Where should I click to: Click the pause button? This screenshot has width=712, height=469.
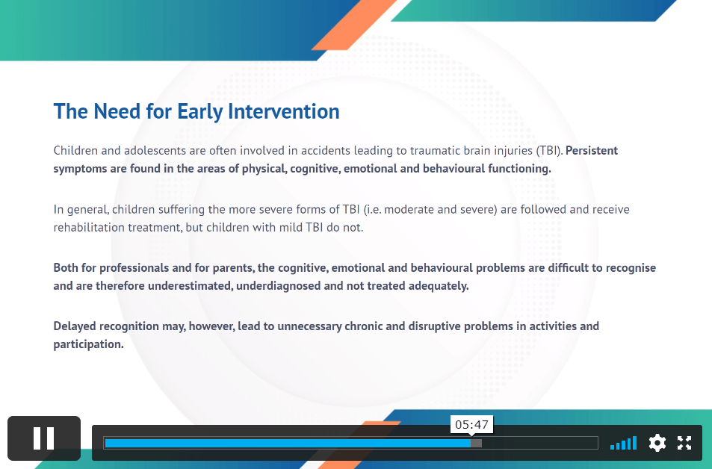tap(44, 438)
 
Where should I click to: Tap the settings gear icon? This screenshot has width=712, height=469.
tap(657, 443)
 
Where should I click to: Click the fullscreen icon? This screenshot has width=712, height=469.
tap(684, 443)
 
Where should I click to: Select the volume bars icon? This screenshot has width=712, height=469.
tap(623, 443)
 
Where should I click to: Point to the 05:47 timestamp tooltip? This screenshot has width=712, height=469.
tap(471, 424)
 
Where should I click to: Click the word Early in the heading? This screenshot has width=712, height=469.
tap(199, 112)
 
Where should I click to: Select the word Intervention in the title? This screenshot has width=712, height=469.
tap(284, 111)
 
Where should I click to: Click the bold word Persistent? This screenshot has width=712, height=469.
tap(592, 150)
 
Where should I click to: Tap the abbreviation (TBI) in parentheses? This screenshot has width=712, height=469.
tap(549, 151)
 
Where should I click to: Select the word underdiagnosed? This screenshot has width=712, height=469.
tap(279, 286)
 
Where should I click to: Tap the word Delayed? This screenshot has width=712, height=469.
tap(75, 326)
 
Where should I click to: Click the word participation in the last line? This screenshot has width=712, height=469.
tap(89, 344)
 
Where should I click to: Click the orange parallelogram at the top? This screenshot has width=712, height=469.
tap(354, 25)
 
